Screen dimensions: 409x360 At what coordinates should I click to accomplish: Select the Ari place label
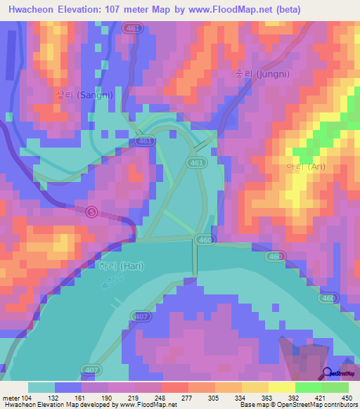[x=306, y=167]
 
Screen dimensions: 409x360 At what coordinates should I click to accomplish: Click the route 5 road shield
[x=91, y=211]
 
